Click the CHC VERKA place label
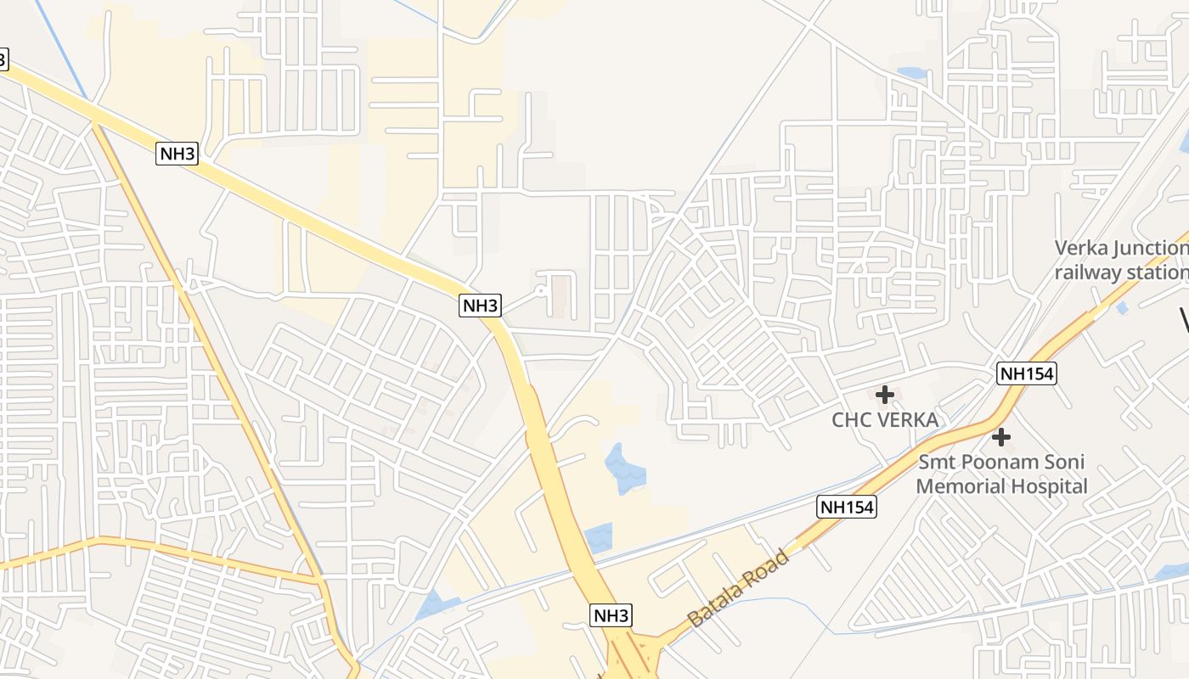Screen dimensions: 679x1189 (x=884, y=420)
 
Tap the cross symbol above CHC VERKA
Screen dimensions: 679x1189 (x=885, y=395)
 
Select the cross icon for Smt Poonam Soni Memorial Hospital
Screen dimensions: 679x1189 (x=1001, y=438)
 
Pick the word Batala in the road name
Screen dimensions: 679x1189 (x=717, y=603)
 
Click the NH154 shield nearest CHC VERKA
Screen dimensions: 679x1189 (x=1027, y=373)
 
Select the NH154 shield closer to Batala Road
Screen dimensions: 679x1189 (x=847, y=508)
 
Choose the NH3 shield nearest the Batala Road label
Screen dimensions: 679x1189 (x=611, y=615)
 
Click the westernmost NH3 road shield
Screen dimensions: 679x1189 (x=178, y=154)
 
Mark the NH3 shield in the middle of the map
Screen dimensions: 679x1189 (x=481, y=306)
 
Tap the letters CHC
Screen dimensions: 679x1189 (x=851, y=420)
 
